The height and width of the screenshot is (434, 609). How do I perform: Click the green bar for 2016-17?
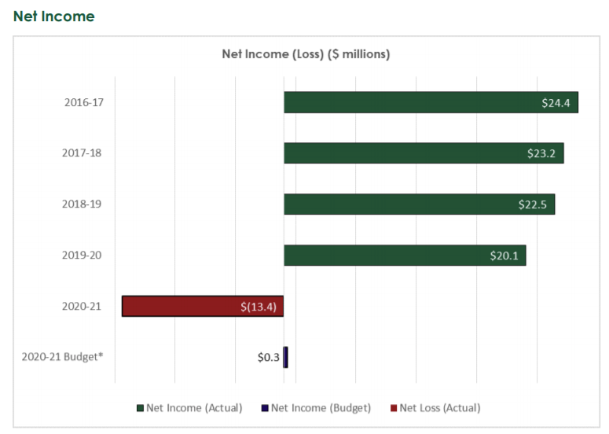click(x=409, y=102)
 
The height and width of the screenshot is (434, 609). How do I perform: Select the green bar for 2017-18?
click(x=401, y=153)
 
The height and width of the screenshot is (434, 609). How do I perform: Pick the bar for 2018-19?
click(x=397, y=204)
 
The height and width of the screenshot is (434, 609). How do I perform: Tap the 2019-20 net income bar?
click(x=385, y=256)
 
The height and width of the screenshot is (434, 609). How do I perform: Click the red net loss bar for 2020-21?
click(x=181, y=307)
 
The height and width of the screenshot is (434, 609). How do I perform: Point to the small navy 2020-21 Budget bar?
click(x=285, y=357)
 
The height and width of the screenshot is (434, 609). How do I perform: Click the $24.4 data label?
click(x=556, y=102)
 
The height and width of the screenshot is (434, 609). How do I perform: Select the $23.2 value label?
click(x=541, y=153)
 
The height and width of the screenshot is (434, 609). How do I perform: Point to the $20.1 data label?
click(x=504, y=256)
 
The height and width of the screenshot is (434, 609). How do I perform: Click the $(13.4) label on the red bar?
click(x=259, y=307)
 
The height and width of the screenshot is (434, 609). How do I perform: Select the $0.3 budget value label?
click(x=268, y=357)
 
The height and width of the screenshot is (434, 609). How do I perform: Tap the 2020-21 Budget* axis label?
click(x=63, y=357)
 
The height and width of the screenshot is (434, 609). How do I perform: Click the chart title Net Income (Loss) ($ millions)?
click(x=306, y=54)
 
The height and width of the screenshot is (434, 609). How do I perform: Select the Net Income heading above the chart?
click(x=53, y=16)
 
